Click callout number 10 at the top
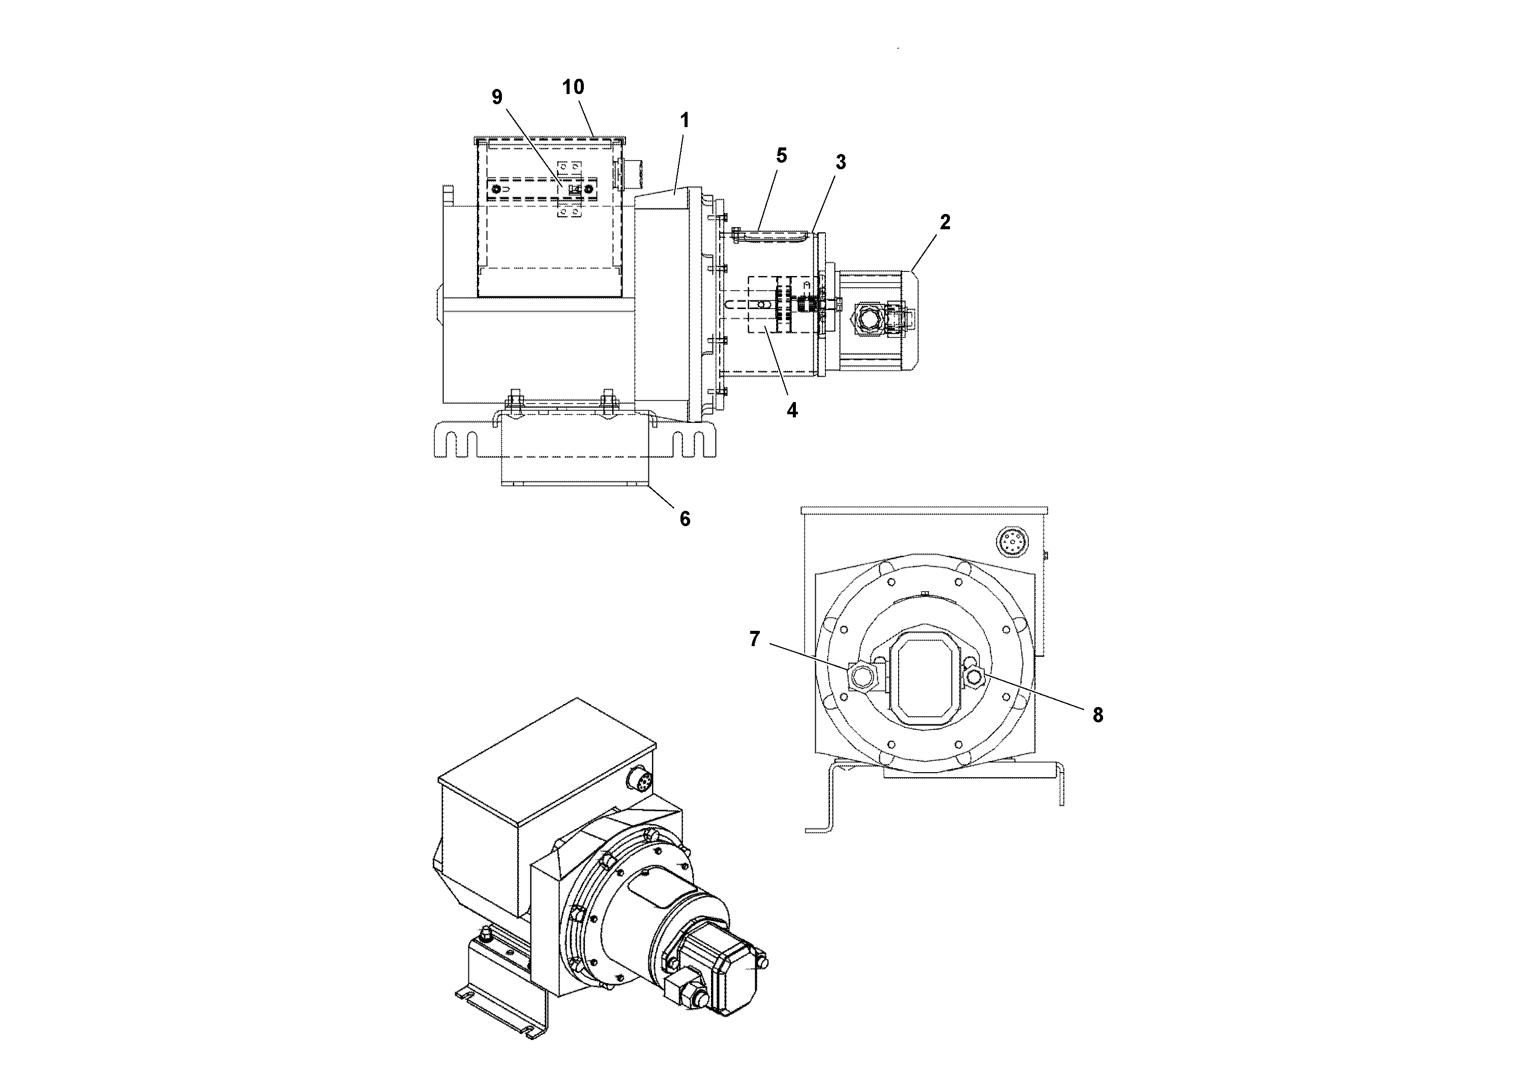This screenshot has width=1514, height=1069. pyautogui.click(x=573, y=87)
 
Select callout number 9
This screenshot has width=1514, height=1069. pyautogui.click(x=496, y=98)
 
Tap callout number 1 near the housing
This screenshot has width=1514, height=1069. pyautogui.click(x=685, y=120)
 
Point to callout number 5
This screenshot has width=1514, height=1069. pyautogui.click(x=781, y=156)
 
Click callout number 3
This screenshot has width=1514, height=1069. pyautogui.click(x=840, y=162)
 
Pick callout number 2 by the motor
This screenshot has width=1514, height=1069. pyautogui.click(x=945, y=223)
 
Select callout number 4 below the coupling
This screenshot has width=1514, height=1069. pyautogui.click(x=792, y=410)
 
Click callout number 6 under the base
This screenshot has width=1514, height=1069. pyautogui.click(x=685, y=520)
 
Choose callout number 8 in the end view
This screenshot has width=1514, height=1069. pyautogui.click(x=1097, y=715)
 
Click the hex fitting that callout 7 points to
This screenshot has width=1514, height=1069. pyautogui.click(x=860, y=676)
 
